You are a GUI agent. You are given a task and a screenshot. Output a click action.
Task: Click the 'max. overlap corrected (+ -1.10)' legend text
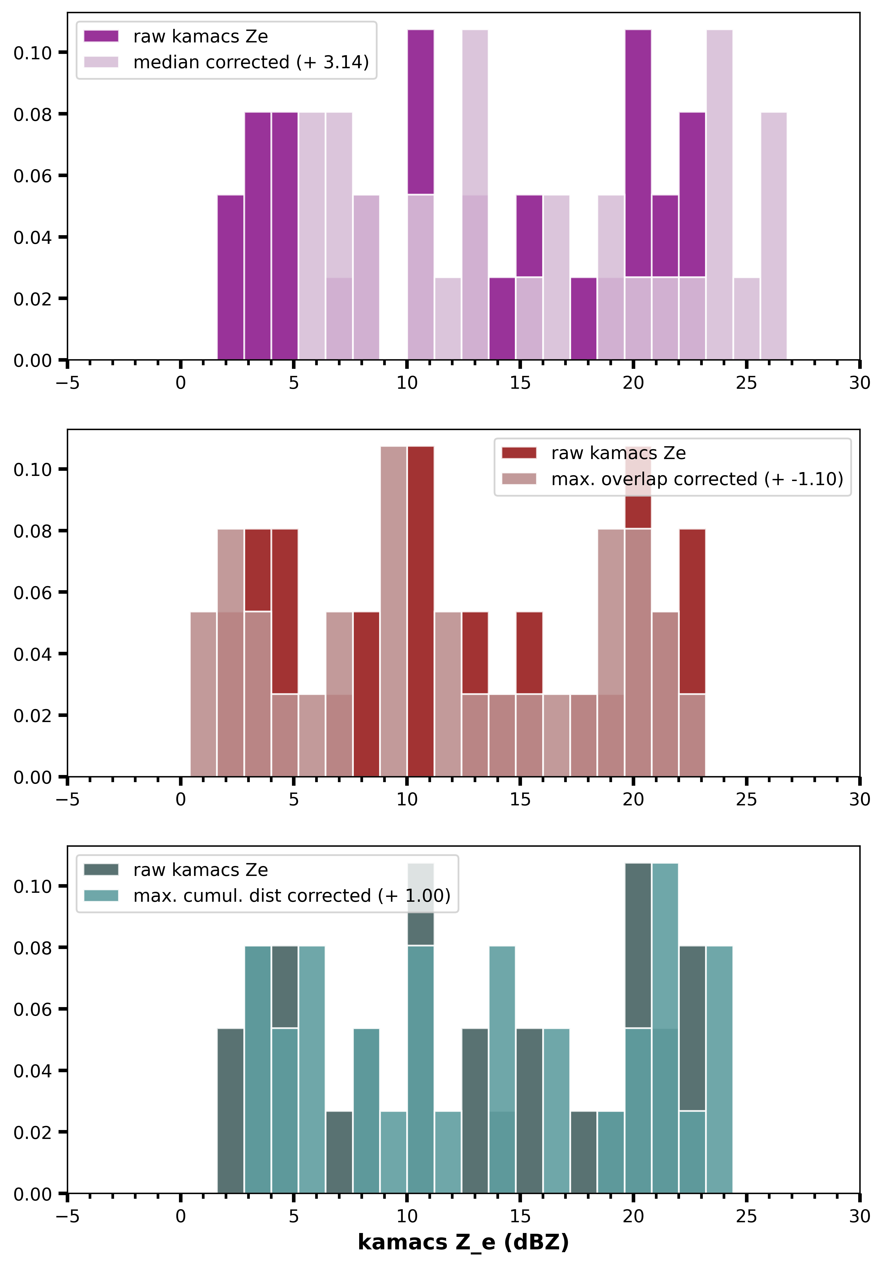[697, 479]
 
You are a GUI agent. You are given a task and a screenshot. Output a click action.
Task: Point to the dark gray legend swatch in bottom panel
[101, 870]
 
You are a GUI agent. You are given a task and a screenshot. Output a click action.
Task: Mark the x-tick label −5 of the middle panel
[67, 800]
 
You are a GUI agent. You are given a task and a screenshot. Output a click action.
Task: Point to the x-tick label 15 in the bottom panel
[520, 1216]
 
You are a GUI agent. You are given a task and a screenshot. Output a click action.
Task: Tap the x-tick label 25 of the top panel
[746, 383]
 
